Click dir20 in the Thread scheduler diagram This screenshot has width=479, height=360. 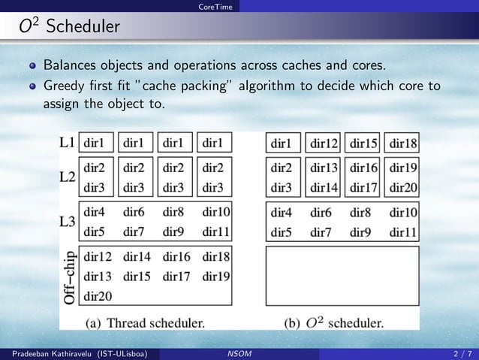98,295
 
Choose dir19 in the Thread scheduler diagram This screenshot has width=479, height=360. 215,276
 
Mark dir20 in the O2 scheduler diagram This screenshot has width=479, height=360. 403,187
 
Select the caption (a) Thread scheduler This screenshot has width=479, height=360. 144,324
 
